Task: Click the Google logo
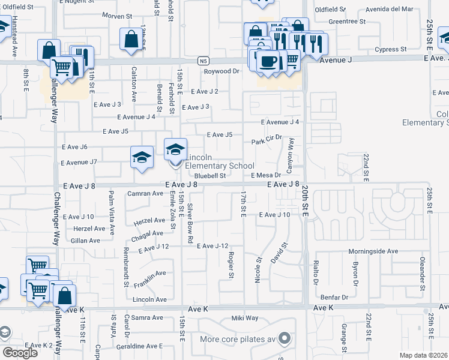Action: [20, 353]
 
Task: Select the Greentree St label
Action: [347, 21]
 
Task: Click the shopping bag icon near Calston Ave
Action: [131, 40]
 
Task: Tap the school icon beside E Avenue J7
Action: [142, 158]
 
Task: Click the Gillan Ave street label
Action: [85, 241]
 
